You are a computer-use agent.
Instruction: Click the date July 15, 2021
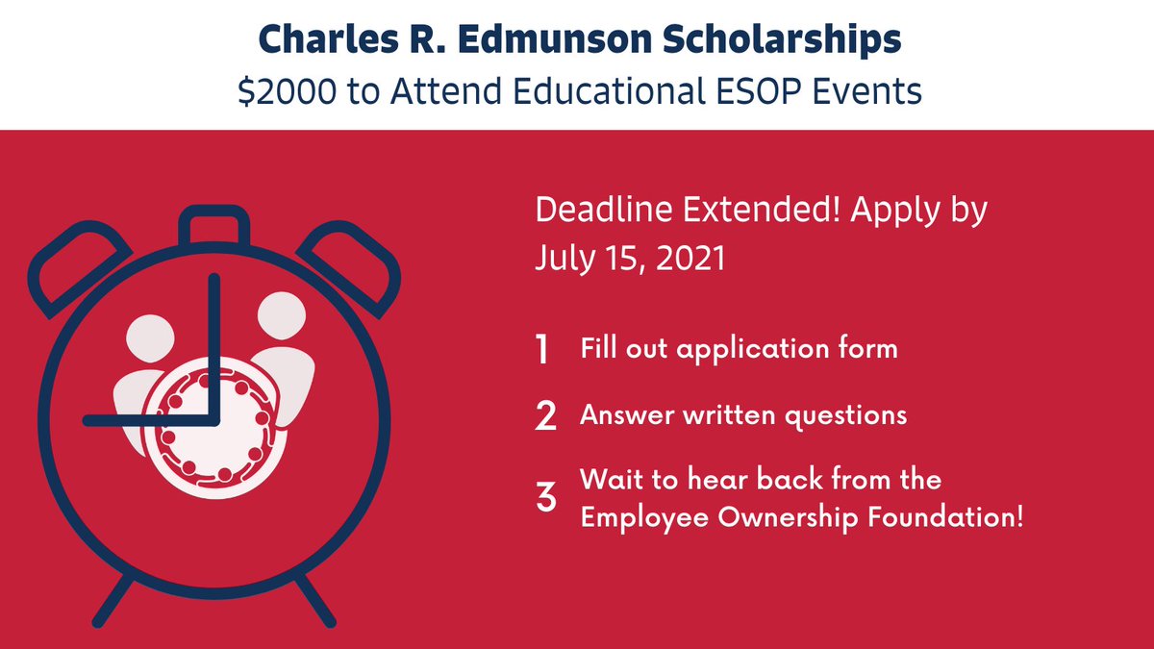[x=630, y=259]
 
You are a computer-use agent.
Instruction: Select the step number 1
[x=542, y=350]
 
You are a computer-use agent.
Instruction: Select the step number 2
[x=545, y=416]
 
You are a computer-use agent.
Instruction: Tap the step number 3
[x=545, y=499]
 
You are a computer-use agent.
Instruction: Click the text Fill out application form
[x=739, y=348]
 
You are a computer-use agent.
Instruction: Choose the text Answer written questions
[x=743, y=415]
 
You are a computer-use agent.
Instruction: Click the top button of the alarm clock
[x=213, y=227]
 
